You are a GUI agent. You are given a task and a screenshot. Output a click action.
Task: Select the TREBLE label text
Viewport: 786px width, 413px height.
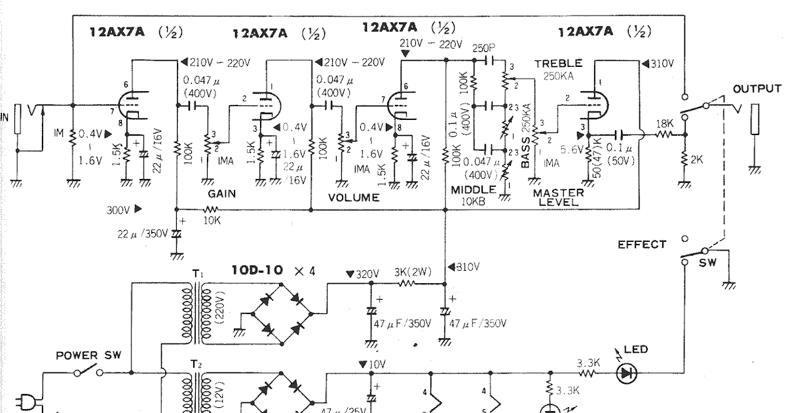(x=558, y=64)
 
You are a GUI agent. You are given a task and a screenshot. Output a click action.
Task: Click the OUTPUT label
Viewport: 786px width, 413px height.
(x=757, y=88)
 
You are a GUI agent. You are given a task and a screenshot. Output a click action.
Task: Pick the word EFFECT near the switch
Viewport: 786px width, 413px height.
(x=642, y=245)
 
